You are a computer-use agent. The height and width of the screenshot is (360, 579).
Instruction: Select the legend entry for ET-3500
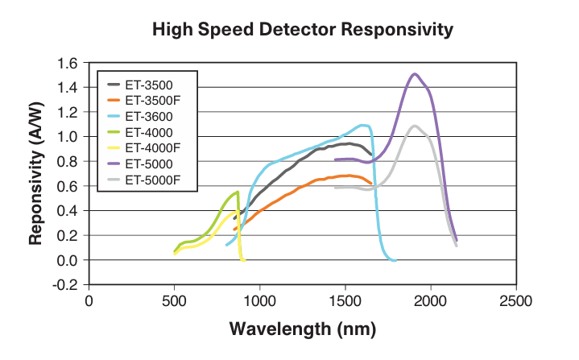[148, 84]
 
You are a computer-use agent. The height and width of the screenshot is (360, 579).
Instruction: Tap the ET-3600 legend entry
[148, 116]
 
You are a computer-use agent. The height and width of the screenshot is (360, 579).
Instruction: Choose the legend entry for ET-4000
[148, 132]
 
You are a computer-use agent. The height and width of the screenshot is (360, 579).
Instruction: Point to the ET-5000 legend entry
[148, 164]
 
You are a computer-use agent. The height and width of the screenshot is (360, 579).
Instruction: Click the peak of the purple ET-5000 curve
[415, 74]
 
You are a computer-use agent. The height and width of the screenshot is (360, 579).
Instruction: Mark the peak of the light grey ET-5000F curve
[415, 126]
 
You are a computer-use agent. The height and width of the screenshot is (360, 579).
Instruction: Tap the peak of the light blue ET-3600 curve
[363, 125]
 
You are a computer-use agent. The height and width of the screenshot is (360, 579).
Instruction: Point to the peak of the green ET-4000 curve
[238, 192]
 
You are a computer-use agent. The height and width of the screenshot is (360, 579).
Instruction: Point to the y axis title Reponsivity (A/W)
[36, 174]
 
